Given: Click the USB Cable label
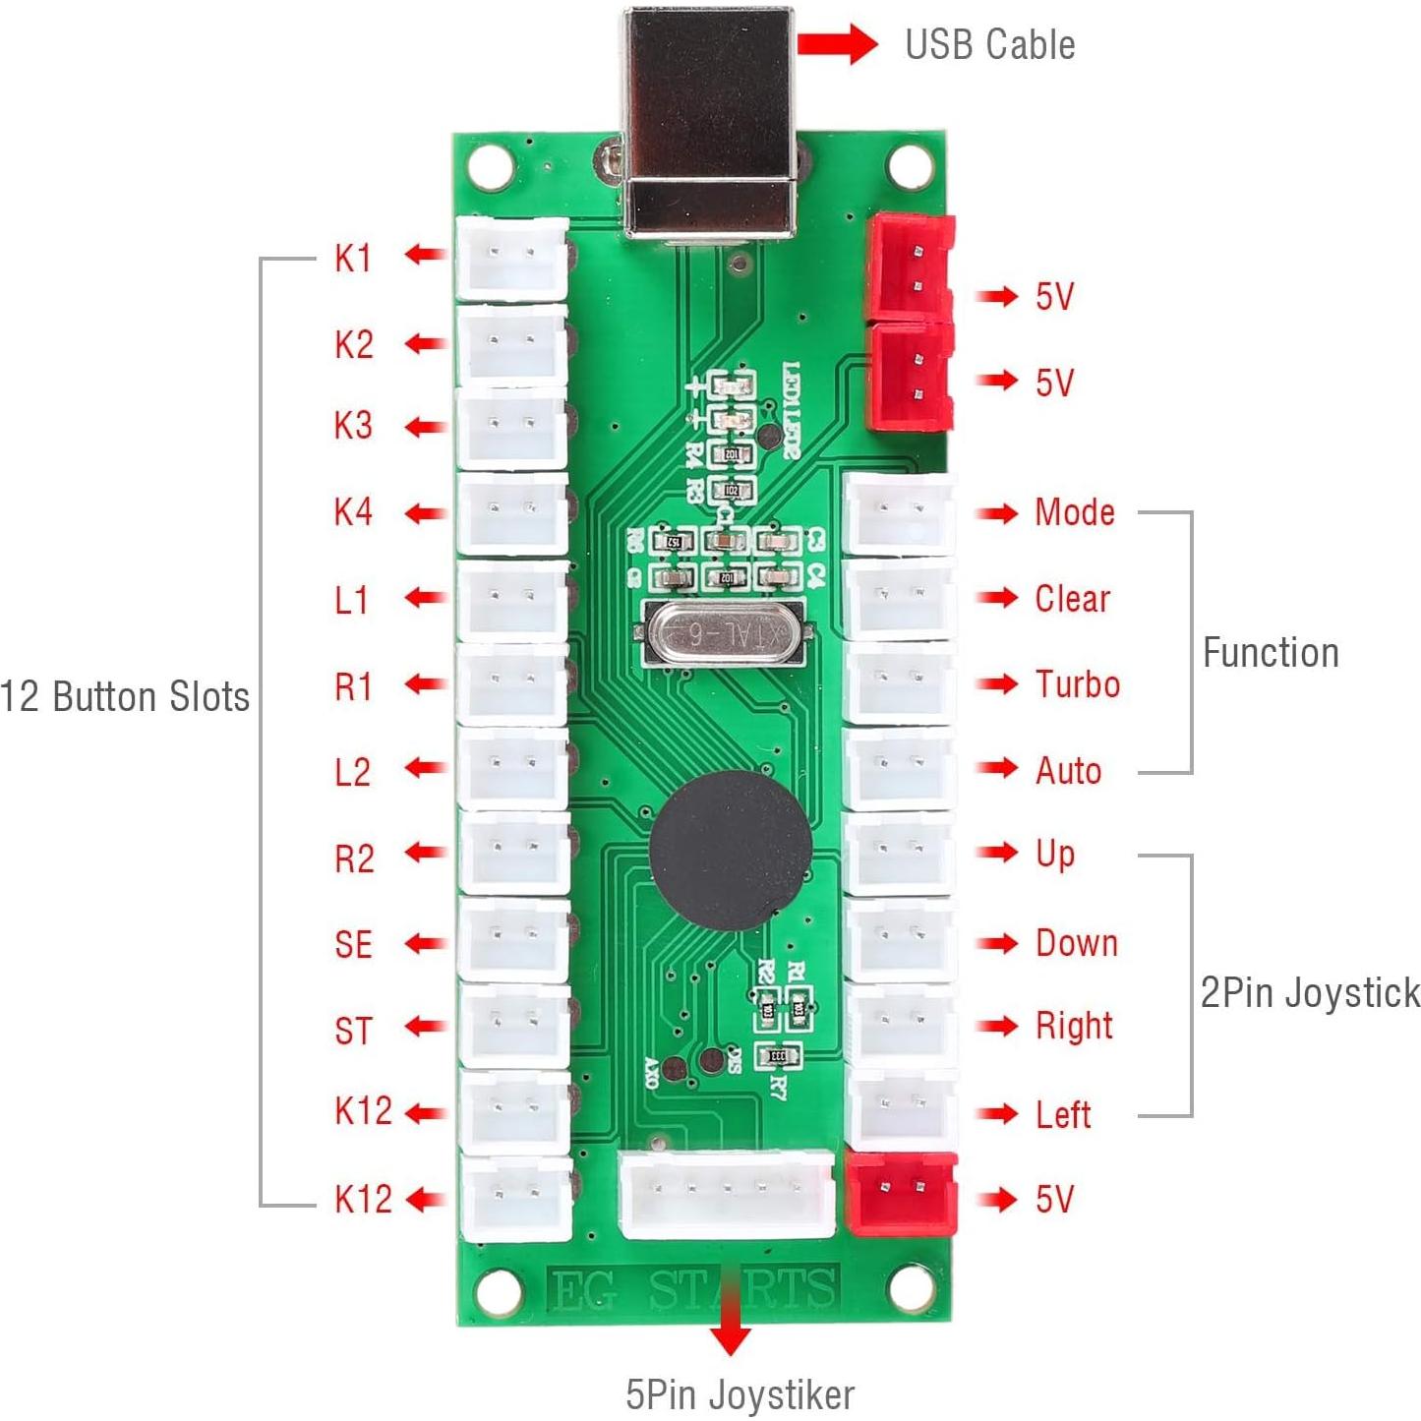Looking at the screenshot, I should coord(989,45).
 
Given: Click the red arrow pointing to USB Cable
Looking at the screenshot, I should coord(836,44).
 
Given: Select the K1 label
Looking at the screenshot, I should coord(353,258).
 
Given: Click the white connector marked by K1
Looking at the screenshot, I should coord(511,259).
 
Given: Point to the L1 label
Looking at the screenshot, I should coord(351,600).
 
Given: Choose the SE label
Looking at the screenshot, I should coord(353,945).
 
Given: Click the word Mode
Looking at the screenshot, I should coord(1074,512).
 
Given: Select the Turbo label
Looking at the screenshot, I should coord(1077,684).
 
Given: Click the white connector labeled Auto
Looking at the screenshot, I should coord(899,768).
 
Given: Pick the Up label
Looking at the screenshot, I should coord(1054,855).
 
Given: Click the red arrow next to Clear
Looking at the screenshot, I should coord(997,598).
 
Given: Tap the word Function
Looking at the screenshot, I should coord(1270,653).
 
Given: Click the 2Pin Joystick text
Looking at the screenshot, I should coord(1309,992).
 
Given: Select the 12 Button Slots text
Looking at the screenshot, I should coord(125,696).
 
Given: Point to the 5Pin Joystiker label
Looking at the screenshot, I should coord(740,1394).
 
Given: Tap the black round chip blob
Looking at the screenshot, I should coord(731,850).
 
